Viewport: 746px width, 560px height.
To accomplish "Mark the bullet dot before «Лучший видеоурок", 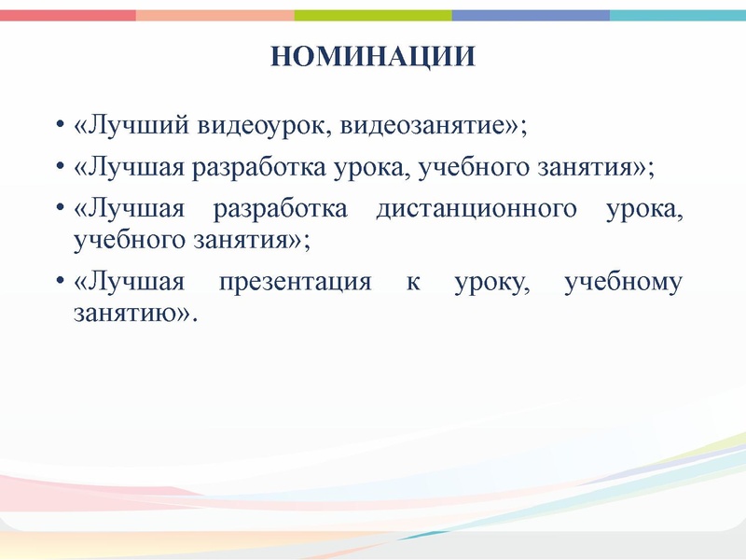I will point(59,126).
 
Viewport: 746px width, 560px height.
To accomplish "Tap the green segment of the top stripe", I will point(373,15).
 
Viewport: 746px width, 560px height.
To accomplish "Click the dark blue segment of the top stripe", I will point(531,15).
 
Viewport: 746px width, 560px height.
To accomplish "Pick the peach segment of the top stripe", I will point(214,15).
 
